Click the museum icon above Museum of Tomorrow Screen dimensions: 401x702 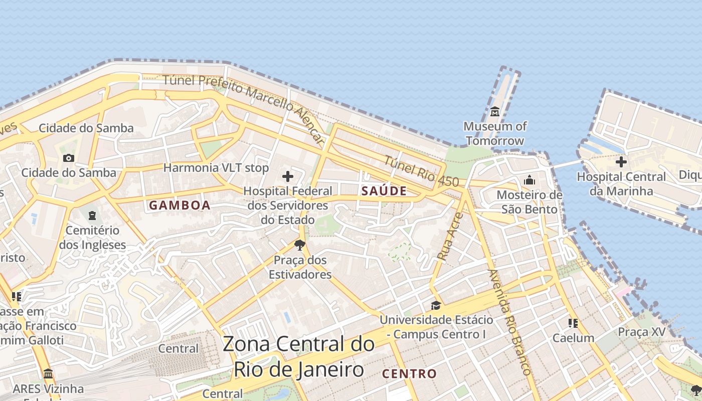pyautogui.click(x=495, y=111)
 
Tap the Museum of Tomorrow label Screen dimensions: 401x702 pyautogui.click(x=495, y=133)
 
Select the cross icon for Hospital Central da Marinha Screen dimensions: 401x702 pyautogui.click(x=621, y=162)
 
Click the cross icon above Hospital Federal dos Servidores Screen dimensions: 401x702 pyautogui.click(x=288, y=176)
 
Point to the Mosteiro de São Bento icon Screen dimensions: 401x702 pyautogui.click(x=530, y=180)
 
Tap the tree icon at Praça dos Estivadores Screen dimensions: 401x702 pyautogui.click(x=300, y=245)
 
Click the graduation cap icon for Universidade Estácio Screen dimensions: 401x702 pyautogui.click(x=436, y=305)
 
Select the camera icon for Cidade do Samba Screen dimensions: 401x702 pyautogui.click(x=69, y=158)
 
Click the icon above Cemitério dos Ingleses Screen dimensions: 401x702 pyautogui.click(x=92, y=216)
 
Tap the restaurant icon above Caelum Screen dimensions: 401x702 pyautogui.click(x=573, y=323)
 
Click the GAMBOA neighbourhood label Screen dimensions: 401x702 pyautogui.click(x=180, y=206)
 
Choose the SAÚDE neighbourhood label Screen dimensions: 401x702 pyautogui.click(x=384, y=191)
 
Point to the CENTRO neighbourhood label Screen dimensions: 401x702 pyautogui.click(x=409, y=374)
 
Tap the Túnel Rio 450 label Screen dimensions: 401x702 pyautogui.click(x=422, y=171)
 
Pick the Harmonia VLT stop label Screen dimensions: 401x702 pyautogui.click(x=216, y=167)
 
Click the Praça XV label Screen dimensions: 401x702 pyautogui.click(x=641, y=332)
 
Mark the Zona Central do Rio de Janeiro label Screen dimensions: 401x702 pyautogui.click(x=299, y=357)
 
